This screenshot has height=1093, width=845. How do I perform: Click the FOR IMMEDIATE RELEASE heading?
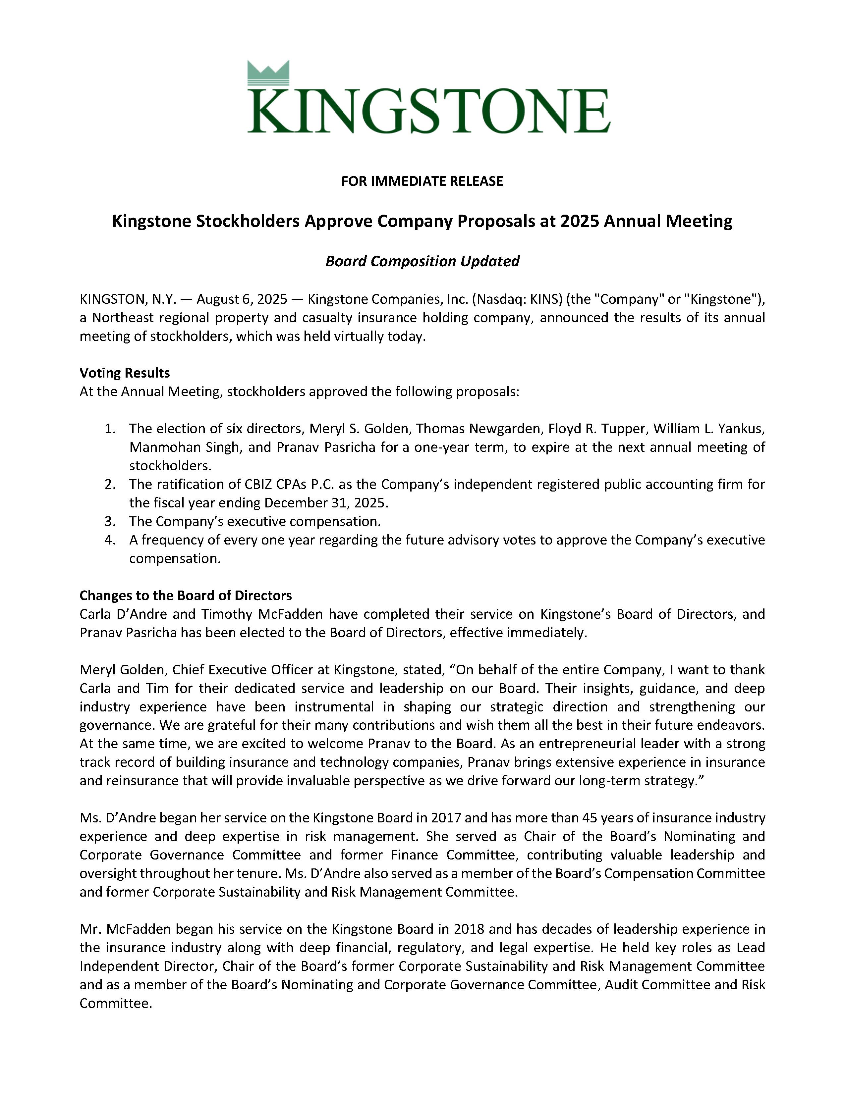coord(422,181)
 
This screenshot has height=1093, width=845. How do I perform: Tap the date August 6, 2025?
coord(241,299)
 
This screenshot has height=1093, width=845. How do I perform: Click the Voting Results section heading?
coord(125,373)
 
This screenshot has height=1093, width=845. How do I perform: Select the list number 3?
coord(110,521)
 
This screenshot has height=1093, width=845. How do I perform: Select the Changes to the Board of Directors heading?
coord(186,596)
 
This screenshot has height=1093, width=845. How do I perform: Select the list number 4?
coord(110,540)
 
